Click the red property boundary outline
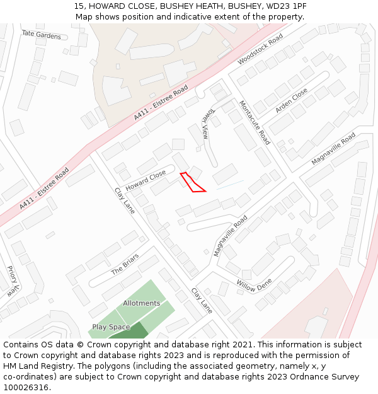tap(192, 182)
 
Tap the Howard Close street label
tap(145, 180)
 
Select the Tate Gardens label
tap(41, 35)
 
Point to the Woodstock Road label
tap(260, 50)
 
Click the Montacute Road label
tap(255, 122)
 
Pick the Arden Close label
tap(291, 100)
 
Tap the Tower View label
tap(205, 122)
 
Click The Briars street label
tap(125, 264)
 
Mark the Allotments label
tap(141, 303)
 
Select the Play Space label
tap(111, 327)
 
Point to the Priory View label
tap(11, 281)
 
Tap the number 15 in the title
tap(79, 6)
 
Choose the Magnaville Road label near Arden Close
tap(333, 149)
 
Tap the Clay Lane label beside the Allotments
tap(202, 301)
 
